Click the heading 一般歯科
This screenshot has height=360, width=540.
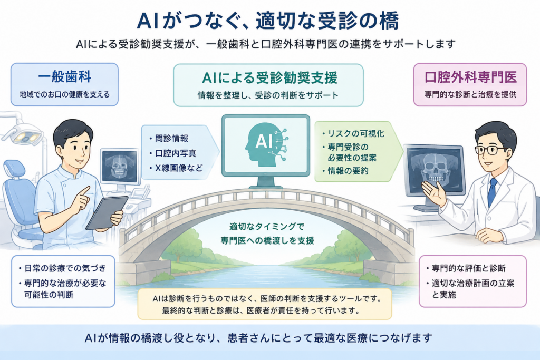64,77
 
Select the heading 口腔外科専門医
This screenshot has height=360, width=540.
470,77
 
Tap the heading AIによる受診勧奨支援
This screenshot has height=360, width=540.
269,78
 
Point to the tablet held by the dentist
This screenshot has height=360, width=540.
107,213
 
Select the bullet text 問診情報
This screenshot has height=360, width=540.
171,138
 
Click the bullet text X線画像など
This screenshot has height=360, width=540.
179,168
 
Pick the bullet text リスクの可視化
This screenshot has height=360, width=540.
356,133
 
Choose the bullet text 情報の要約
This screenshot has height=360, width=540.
348,171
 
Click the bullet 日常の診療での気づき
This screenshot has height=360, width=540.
65,268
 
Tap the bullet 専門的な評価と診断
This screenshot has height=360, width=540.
468,268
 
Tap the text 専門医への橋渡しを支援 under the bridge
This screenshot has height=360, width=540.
267,240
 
